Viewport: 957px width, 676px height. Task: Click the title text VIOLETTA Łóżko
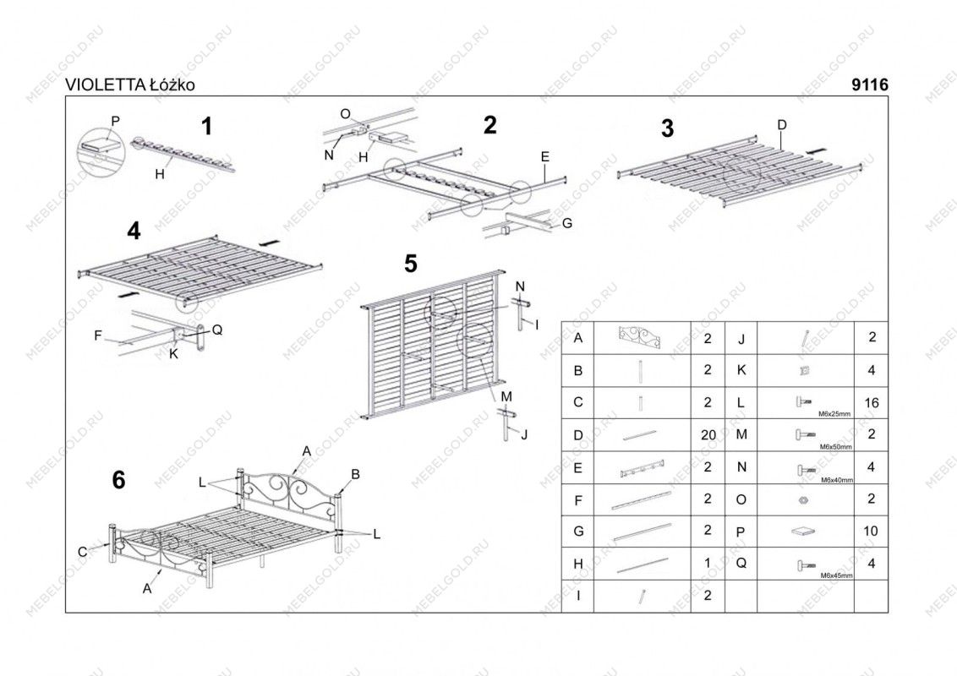tap(132, 85)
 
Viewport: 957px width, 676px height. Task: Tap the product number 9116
tap(871, 85)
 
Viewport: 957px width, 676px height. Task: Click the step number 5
tap(410, 264)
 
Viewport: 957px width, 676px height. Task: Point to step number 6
tap(118, 480)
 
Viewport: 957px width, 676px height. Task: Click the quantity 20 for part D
tap(708, 435)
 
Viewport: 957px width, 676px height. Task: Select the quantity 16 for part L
tap(872, 403)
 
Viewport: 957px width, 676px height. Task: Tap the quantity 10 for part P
tap(872, 532)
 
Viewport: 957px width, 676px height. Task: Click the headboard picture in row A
tap(643, 338)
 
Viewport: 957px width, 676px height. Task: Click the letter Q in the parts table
tap(741, 564)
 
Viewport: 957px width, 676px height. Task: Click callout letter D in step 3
tap(782, 124)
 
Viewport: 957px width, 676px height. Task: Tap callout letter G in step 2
tap(566, 223)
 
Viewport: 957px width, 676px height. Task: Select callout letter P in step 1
tap(115, 121)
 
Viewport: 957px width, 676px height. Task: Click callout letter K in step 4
tap(173, 354)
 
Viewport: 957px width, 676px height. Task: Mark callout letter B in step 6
tap(356, 474)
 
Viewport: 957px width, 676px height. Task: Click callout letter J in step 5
tap(524, 435)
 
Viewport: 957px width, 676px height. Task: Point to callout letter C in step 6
tap(82, 552)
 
